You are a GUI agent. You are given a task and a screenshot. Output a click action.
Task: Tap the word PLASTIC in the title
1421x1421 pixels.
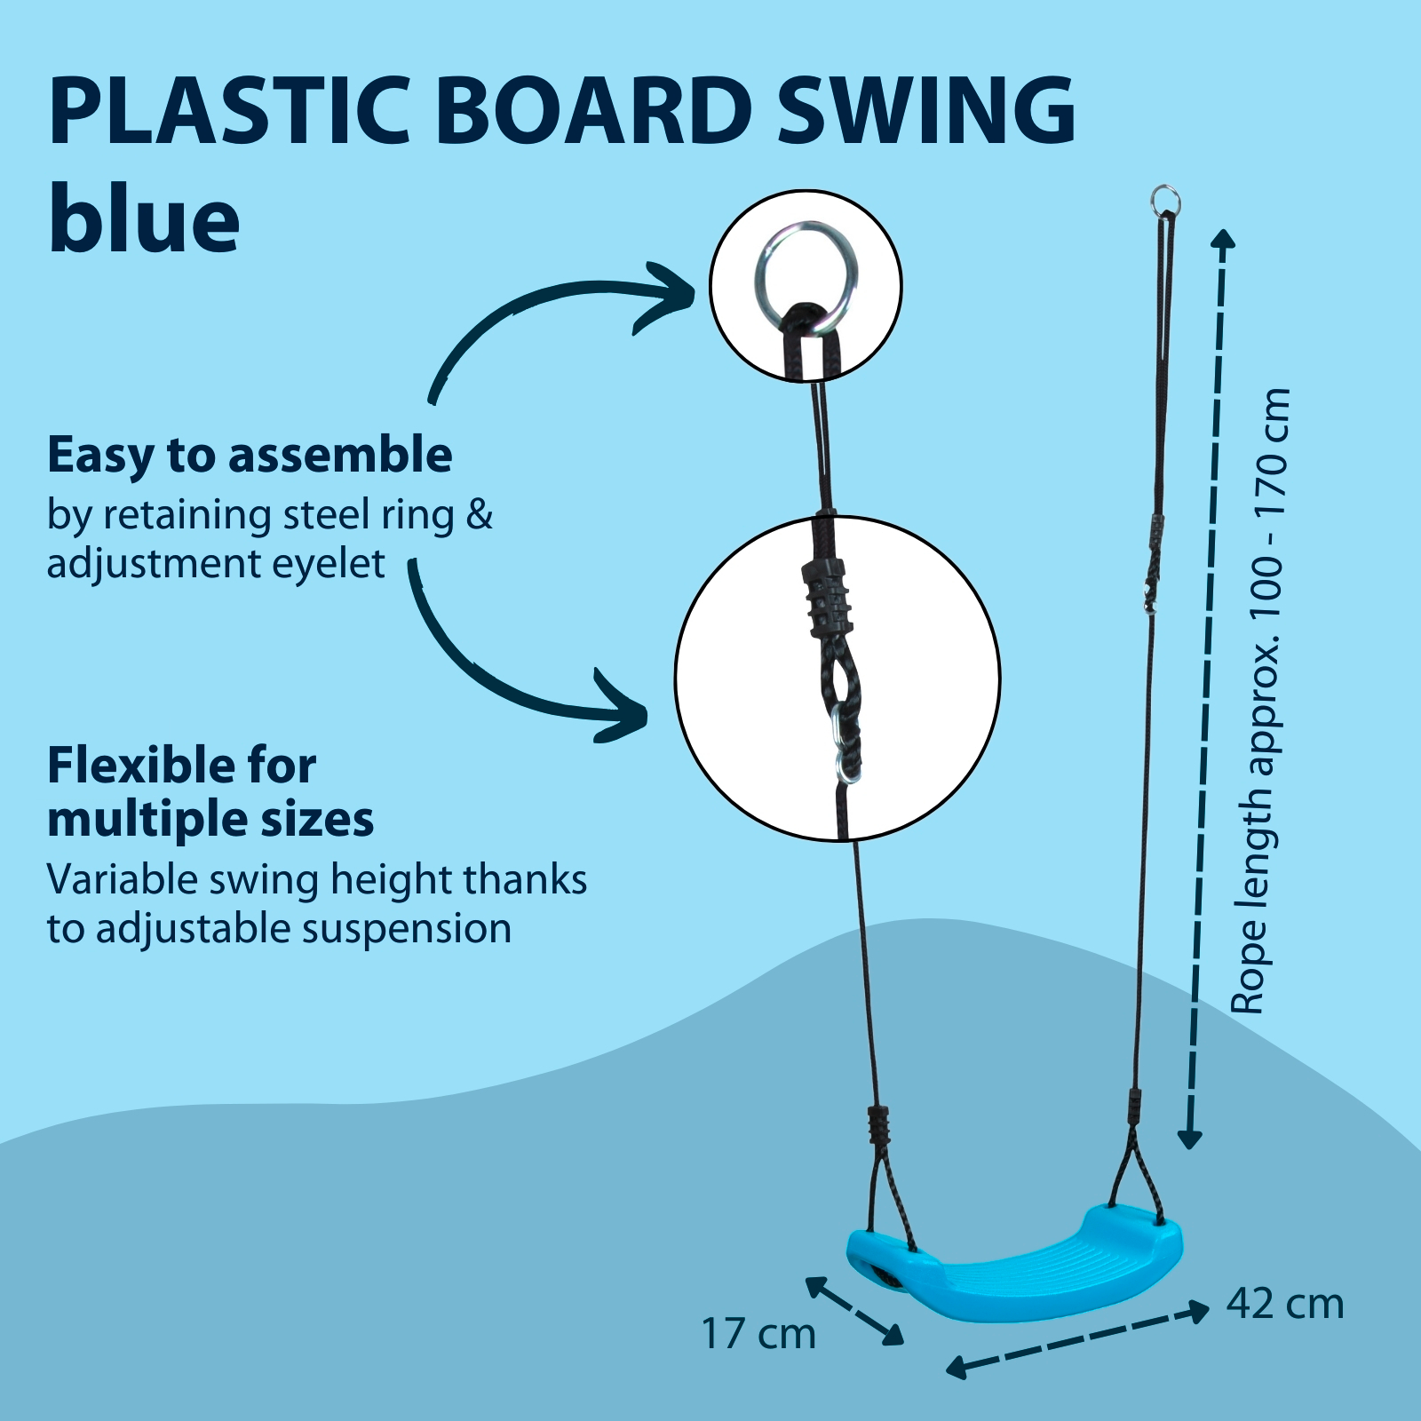tap(229, 110)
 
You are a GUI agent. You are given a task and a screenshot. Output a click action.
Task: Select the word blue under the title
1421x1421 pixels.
tap(144, 218)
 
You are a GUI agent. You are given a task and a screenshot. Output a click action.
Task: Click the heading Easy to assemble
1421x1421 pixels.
tap(250, 455)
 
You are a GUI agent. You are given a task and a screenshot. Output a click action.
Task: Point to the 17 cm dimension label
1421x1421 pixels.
tap(758, 1333)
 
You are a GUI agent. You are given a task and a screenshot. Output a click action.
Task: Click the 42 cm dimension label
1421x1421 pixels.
tap(1285, 1304)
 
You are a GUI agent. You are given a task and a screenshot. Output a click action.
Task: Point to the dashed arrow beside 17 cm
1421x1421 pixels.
tap(854, 1310)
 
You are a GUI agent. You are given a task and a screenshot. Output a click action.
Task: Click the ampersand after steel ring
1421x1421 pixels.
tap(480, 515)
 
